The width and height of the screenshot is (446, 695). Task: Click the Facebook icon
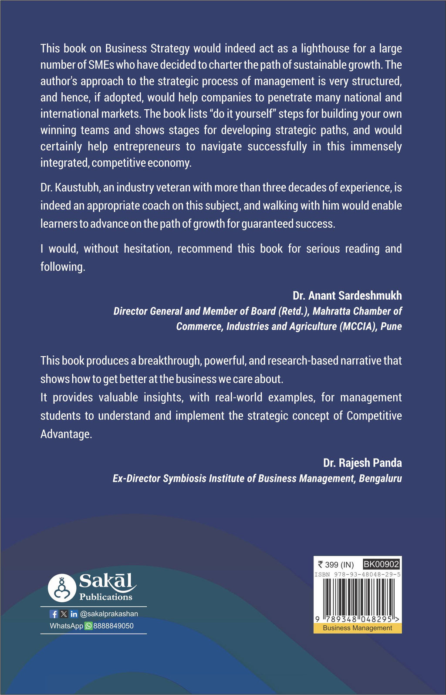pos(54,614)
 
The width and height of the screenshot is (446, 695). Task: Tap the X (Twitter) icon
pos(64,614)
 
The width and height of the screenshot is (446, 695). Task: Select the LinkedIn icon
pos(74,614)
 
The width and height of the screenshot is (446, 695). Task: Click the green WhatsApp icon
pos(88,626)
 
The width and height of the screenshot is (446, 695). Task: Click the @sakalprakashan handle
pos(109,614)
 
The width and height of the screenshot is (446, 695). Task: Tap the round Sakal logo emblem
pos(62,588)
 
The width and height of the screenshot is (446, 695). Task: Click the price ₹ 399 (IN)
pos(336,565)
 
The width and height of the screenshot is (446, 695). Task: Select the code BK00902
pos(381,564)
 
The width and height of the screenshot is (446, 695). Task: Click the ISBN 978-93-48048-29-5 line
pos(358,574)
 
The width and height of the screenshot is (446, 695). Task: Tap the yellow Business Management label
pos(358,628)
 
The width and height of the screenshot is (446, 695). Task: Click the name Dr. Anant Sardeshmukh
pos(347,296)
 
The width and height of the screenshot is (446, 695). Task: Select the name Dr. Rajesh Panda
pos(362,463)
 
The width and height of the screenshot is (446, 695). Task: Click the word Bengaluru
pos(380,479)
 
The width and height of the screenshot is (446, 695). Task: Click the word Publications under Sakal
pos(105,597)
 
